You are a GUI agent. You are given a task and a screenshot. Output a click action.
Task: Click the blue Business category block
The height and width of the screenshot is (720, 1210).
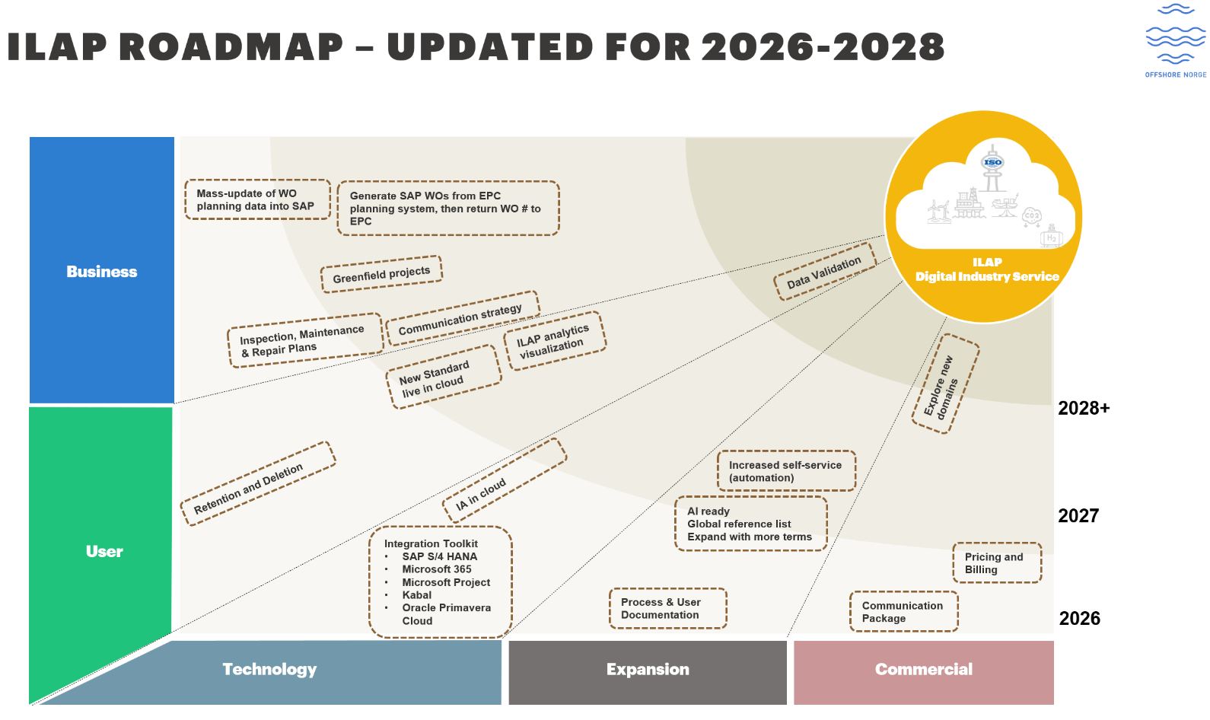coord(101,270)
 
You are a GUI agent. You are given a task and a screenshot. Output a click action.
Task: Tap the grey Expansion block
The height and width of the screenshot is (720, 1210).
coord(648,673)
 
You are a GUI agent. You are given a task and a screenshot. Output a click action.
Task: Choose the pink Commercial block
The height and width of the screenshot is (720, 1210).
coord(924,673)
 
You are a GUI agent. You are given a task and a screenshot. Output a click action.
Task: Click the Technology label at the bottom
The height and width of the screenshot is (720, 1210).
coord(269,669)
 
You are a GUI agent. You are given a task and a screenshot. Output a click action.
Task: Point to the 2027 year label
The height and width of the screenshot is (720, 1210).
coord(1078,516)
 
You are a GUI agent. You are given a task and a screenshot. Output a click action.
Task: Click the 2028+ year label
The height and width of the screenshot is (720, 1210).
coord(1084,409)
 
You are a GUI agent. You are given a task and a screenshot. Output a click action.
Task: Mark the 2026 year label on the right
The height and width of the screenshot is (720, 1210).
coord(1079,619)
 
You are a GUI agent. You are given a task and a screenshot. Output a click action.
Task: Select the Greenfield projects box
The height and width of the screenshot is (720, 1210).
coord(381,275)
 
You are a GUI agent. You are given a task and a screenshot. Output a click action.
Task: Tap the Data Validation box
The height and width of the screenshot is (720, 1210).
coord(824,272)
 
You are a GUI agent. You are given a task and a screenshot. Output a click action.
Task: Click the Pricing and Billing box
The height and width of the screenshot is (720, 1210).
coord(997,562)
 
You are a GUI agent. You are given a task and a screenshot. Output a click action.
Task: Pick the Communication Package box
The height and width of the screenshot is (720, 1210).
coord(904,611)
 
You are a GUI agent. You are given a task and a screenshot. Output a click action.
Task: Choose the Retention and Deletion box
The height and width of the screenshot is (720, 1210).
coord(258,483)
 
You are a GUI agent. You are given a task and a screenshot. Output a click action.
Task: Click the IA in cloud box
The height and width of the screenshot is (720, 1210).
coord(504,480)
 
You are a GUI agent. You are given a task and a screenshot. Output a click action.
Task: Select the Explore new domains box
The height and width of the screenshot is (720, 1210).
coord(945,384)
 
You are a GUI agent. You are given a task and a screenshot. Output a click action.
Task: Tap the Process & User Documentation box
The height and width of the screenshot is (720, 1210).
coord(667,608)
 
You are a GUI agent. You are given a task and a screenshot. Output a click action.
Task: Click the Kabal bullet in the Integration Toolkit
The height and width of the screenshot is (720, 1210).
coord(416,595)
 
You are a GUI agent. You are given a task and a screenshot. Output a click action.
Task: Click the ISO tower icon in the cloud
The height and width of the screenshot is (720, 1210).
coord(992,168)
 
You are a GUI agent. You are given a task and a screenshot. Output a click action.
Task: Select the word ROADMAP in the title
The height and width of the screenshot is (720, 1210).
coord(235,46)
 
